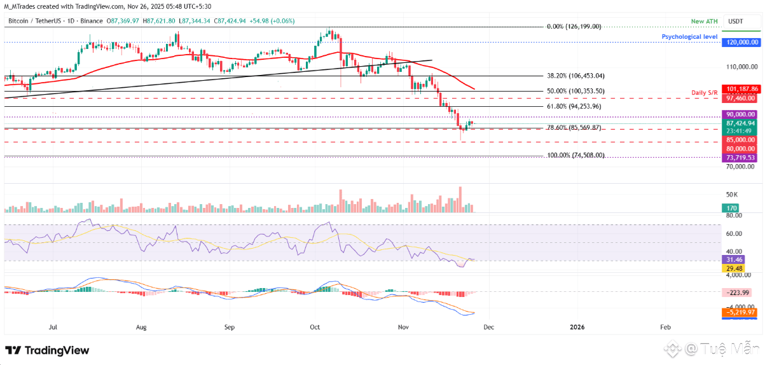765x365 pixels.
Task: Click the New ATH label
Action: coord(704,22)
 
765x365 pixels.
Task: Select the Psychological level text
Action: coord(690,37)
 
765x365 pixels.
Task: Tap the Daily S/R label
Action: coord(704,93)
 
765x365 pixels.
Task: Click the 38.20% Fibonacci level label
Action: coord(575,75)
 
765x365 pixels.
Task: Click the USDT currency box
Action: coord(735,22)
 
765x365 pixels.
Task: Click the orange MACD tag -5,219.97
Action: coord(741,312)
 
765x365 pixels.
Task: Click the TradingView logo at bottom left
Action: coord(47,350)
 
